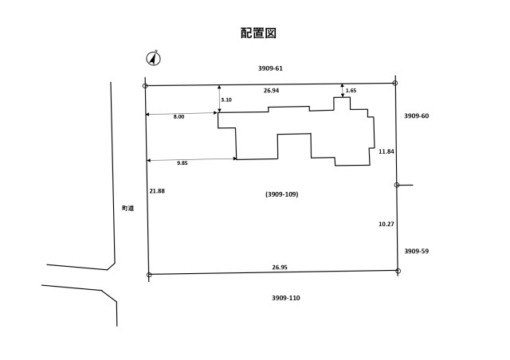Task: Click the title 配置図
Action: pyautogui.click(x=258, y=33)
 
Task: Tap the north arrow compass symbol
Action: pyautogui.click(x=153, y=58)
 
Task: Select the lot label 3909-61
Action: pyautogui.click(x=270, y=68)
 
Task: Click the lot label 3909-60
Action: pyautogui.click(x=416, y=116)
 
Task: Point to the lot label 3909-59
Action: pyautogui.click(x=416, y=251)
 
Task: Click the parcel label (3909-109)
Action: pyautogui.click(x=281, y=194)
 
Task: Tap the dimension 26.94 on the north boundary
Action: pyautogui.click(x=271, y=91)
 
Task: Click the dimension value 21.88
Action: pyautogui.click(x=157, y=190)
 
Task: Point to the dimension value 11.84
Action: pyautogui.click(x=386, y=151)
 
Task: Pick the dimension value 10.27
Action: pyautogui.click(x=386, y=224)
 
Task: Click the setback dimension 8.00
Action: pyautogui.click(x=178, y=116)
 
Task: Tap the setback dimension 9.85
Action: pyautogui.click(x=182, y=162)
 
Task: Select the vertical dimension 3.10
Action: pyautogui.click(x=226, y=100)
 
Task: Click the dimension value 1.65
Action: pyautogui.click(x=351, y=91)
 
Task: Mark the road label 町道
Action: pyautogui.click(x=127, y=208)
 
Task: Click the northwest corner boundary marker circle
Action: pyautogui.click(x=145, y=86)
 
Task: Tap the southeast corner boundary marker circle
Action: pyautogui.click(x=398, y=271)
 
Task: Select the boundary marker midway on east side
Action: pyautogui.click(x=397, y=185)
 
